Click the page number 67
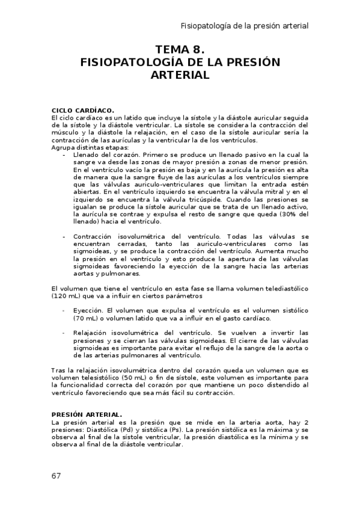point(56,476)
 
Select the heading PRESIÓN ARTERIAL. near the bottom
point(87,414)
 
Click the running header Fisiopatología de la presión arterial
point(245,26)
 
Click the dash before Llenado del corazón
point(64,155)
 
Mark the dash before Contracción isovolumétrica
point(64,237)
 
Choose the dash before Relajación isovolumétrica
point(64,333)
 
